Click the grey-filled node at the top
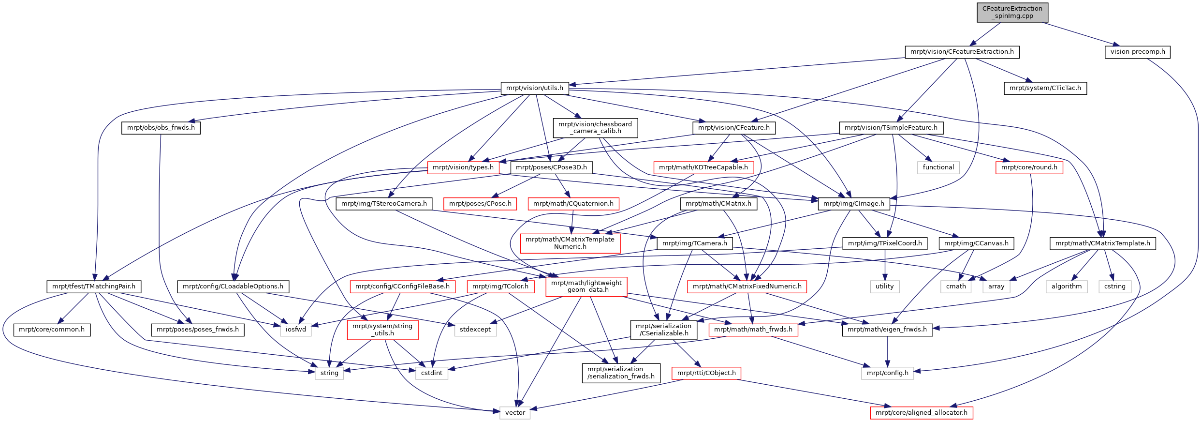(1012, 13)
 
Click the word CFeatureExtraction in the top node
(1012, 9)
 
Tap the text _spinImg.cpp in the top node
(1012, 16)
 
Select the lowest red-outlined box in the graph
(922, 413)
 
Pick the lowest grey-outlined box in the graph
(515, 413)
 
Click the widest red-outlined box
(747, 286)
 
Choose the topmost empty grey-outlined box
(938, 167)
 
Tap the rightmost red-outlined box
(1029, 167)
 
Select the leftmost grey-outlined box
(296, 330)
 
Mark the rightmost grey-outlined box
(1115, 286)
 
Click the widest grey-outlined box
(888, 373)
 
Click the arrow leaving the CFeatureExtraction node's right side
(1083, 34)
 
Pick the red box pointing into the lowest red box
(706, 373)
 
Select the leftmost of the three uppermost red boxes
(463, 167)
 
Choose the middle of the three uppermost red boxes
(703, 167)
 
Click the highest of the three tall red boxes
(570, 243)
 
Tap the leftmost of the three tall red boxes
(382, 330)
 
